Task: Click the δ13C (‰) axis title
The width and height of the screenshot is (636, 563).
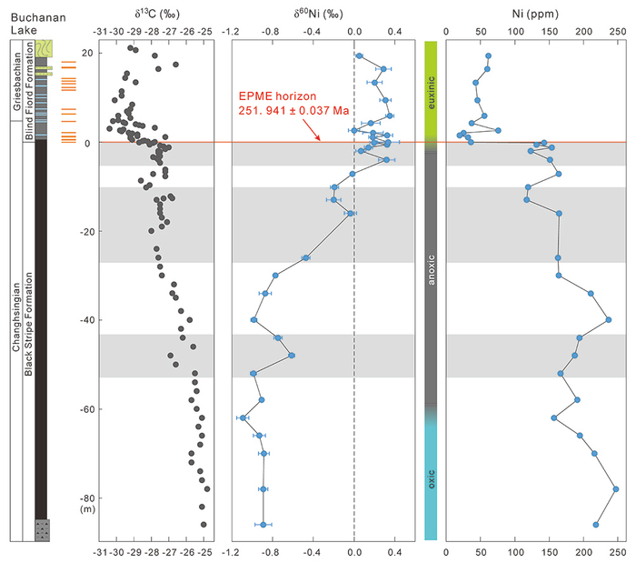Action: (157, 14)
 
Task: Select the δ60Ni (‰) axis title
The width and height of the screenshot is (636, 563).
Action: (318, 14)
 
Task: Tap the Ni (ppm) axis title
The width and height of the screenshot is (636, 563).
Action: (535, 15)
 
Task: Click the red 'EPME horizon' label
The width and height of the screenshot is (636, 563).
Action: (277, 96)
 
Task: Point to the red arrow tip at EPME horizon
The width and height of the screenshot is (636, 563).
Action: (320, 140)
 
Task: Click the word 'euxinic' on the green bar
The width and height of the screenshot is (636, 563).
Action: (432, 93)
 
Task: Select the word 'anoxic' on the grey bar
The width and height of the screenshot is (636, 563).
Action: (432, 270)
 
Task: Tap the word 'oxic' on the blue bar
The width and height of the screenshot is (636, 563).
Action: (432, 479)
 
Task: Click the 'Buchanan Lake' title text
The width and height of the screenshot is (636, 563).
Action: (38, 24)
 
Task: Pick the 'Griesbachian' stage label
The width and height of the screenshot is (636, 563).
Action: (16, 81)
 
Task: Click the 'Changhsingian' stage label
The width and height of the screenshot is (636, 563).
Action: (16, 317)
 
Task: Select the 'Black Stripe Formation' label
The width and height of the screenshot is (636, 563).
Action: (28, 324)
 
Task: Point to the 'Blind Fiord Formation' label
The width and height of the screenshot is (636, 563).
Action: (29, 91)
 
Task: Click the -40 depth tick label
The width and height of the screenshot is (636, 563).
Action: (87, 320)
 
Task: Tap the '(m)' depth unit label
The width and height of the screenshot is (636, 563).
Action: (87, 509)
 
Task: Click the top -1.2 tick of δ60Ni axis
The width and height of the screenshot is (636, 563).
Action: (231, 32)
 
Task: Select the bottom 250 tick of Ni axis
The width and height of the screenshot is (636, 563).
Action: (618, 552)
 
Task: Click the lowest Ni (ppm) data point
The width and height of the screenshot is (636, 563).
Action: (596, 525)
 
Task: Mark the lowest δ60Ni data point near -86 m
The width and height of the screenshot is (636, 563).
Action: (263, 525)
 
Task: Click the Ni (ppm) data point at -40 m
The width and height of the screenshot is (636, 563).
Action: (609, 320)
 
